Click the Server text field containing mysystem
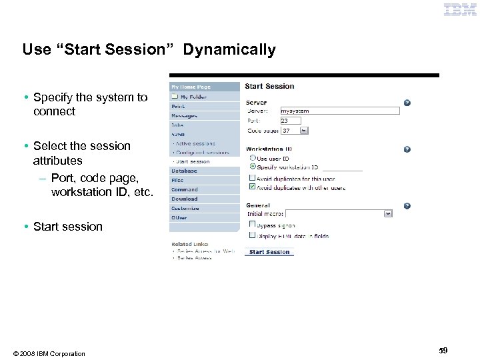pyautogui.click(x=339, y=111)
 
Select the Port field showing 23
pyautogui.click(x=290, y=121)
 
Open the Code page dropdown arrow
pyautogui.click(x=304, y=131)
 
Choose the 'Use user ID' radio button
pyautogui.click(x=252, y=159)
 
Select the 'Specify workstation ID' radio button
pyautogui.click(x=252, y=167)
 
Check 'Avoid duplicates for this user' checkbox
pyautogui.click(x=252, y=178)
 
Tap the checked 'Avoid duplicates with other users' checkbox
pyautogui.click(x=252, y=187)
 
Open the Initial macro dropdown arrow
pyautogui.click(x=388, y=213)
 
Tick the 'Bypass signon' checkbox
pyautogui.click(x=252, y=225)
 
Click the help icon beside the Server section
pyautogui.click(x=407, y=103)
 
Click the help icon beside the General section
pyautogui.click(x=407, y=206)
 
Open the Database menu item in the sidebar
pyautogui.click(x=185, y=171)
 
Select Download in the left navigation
pyautogui.click(x=185, y=199)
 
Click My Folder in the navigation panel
pyautogui.click(x=193, y=97)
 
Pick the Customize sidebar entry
pyautogui.click(x=185, y=208)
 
